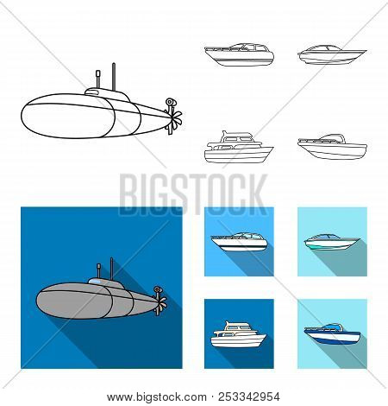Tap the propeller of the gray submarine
tap(160, 299)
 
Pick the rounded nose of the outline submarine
tap(29, 124)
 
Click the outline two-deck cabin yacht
tap(236, 148)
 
